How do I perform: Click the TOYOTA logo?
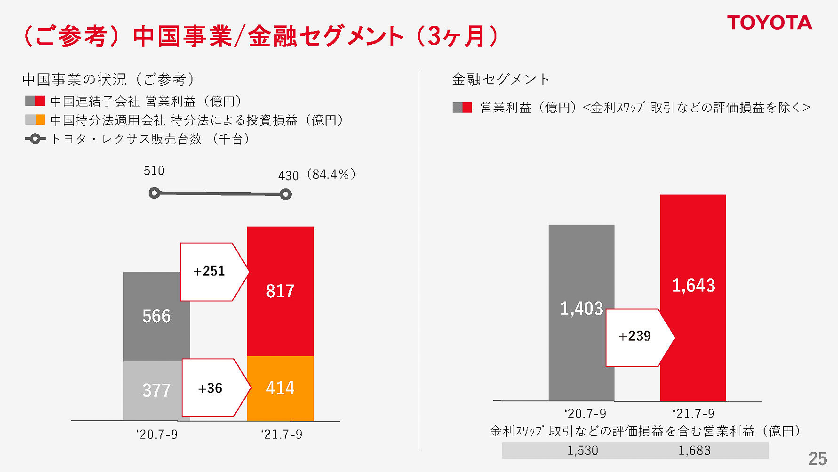[769, 23]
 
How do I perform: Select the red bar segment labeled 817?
[280, 291]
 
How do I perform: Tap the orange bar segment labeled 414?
[280, 388]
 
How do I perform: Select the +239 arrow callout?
[636, 336]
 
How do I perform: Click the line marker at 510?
[154, 193]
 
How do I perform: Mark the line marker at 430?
[286, 194]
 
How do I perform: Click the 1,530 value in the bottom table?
[583, 450]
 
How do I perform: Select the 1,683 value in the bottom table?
[694, 450]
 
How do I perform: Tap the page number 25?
[818, 458]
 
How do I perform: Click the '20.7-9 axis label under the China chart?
[157, 434]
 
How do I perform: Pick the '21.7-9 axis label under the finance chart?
[693, 414]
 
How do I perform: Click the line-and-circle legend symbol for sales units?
[35, 139]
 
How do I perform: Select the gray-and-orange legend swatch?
[35, 120]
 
